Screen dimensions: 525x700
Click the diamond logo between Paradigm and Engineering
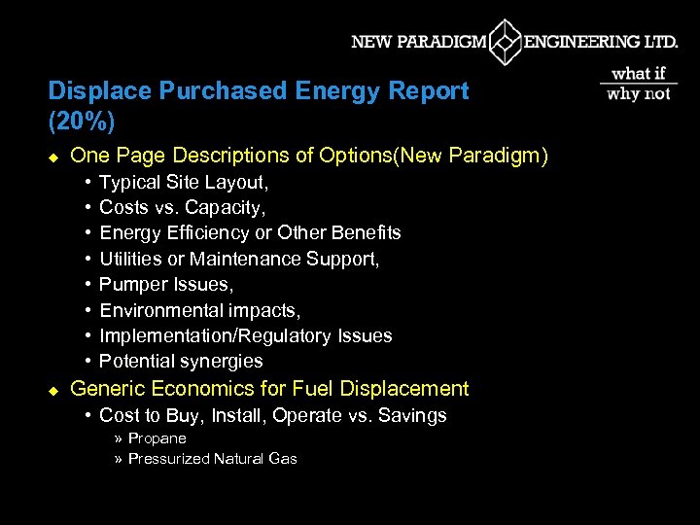pos(505,43)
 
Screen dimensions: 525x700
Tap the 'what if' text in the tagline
pos(638,74)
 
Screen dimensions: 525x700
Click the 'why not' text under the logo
pos(638,93)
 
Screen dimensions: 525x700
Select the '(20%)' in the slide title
pos(81,121)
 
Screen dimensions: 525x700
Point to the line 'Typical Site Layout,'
pos(184,182)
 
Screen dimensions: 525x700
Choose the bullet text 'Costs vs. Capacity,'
pos(183,207)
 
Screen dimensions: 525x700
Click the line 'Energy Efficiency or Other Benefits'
pos(250,232)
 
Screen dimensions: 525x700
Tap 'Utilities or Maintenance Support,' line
pos(239,259)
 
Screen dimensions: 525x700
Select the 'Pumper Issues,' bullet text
pos(166,284)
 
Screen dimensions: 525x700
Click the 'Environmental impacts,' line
pos(200,310)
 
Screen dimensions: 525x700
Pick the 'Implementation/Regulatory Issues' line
pos(246,335)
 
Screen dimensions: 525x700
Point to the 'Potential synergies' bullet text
pos(181,361)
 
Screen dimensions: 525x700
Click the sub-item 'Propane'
pos(157,438)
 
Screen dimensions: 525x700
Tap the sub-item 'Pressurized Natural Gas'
pos(212,459)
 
